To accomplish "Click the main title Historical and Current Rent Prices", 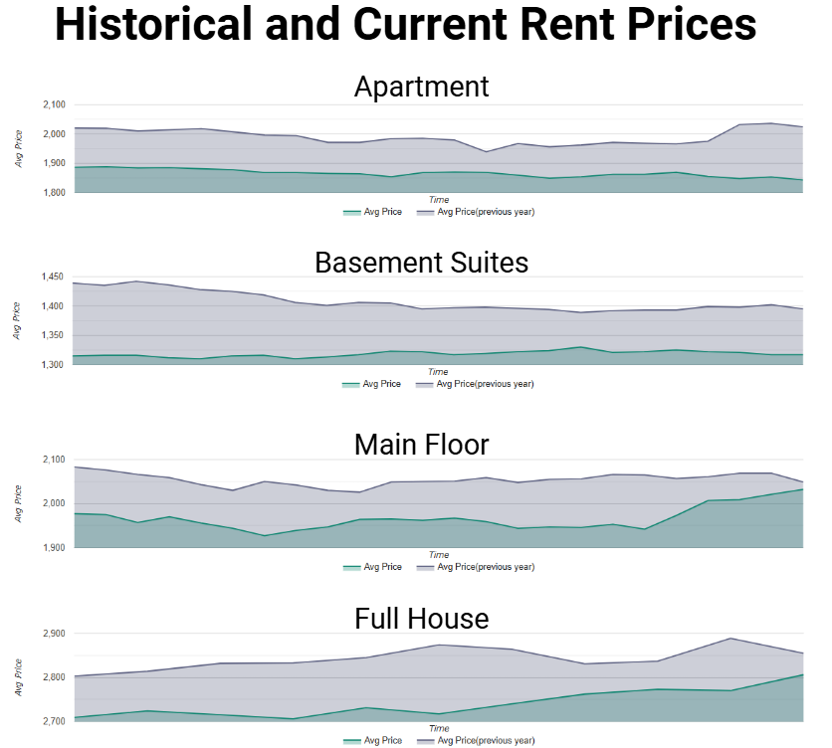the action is click(x=406, y=24).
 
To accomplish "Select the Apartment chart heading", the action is click(x=421, y=87).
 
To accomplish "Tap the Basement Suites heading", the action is click(x=421, y=262).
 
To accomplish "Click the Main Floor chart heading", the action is click(x=421, y=445).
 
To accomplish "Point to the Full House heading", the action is click(x=421, y=619).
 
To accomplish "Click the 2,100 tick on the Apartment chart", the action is click(x=54, y=105).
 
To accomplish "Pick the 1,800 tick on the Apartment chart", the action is click(x=54, y=193).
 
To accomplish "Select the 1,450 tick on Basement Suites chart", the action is click(x=53, y=277).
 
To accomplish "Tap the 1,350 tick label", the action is click(x=53, y=335).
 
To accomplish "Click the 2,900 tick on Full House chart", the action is click(x=54, y=634).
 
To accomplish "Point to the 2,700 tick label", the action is click(x=54, y=721).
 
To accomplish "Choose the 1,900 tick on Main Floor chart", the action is click(x=54, y=547).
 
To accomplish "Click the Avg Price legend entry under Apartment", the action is click(x=372, y=212).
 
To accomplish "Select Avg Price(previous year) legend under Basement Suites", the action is click(x=475, y=384).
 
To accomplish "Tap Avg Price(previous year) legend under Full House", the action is click(x=476, y=741).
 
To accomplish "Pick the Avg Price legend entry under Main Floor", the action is click(x=372, y=567).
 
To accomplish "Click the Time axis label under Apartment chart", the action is click(x=439, y=200).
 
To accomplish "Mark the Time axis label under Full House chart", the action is click(x=439, y=728).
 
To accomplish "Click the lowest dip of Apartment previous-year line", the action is click(x=486, y=152).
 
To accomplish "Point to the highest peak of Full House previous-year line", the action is click(x=730, y=639).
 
